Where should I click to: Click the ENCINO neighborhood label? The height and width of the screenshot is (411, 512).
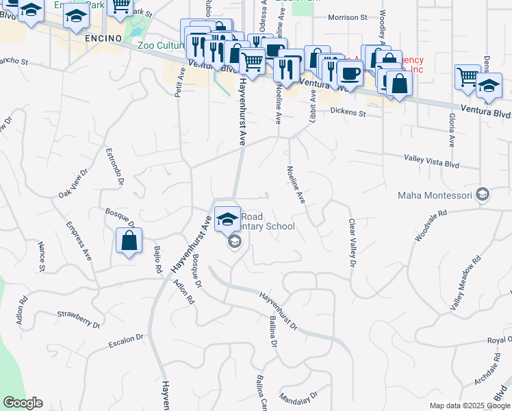pyautogui.click(x=103, y=38)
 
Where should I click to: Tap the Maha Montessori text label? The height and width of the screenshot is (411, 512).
pyautogui.click(x=436, y=196)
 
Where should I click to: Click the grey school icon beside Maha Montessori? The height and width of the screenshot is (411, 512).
pyautogui.click(x=483, y=195)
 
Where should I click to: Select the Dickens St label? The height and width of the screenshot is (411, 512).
pyautogui.click(x=348, y=111)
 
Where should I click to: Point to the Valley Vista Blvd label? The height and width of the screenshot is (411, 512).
pyautogui.click(x=431, y=161)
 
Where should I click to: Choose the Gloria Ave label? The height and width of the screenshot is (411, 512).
pyautogui.click(x=452, y=131)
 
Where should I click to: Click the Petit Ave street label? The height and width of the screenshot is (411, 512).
pyautogui.click(x=180, y=82)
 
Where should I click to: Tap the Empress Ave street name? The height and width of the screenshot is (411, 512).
pyautogui.click(x=79, y=240)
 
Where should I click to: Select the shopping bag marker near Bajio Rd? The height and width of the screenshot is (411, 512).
pyautogui.click(x=129, y=242)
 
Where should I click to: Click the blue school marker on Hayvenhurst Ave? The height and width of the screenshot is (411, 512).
pyautogui.click(x=227, y=220)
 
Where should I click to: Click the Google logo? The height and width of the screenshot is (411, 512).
pyautogui.click(x=23, y=403)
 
